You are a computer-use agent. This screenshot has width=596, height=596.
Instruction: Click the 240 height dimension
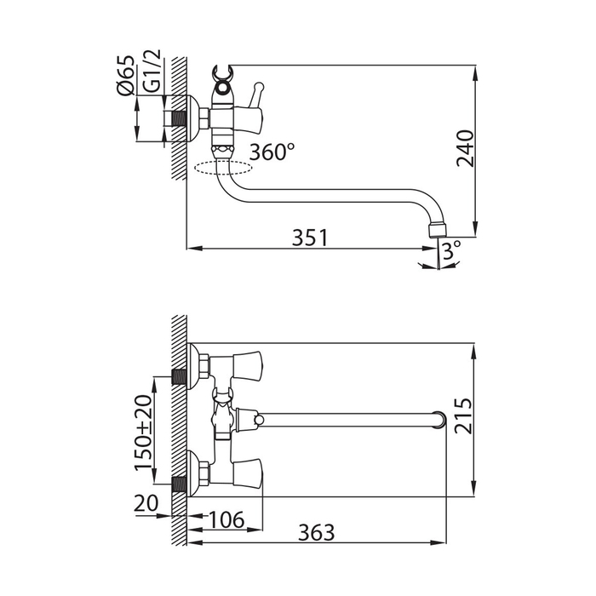[465, 149]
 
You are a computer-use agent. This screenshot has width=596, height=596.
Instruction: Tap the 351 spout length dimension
[310, 238]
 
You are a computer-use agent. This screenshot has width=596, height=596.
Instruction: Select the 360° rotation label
[272, 152]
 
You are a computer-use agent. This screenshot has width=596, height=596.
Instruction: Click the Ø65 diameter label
[126, 75]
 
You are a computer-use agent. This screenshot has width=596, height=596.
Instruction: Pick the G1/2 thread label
[152, 72]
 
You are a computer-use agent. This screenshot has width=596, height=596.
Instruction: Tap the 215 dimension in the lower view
[464, 415]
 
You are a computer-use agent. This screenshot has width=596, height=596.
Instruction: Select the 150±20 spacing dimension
[143, 433]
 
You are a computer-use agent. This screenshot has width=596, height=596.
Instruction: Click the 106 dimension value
[226, 520]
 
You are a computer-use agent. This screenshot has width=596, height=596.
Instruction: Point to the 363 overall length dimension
[317, 532]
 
